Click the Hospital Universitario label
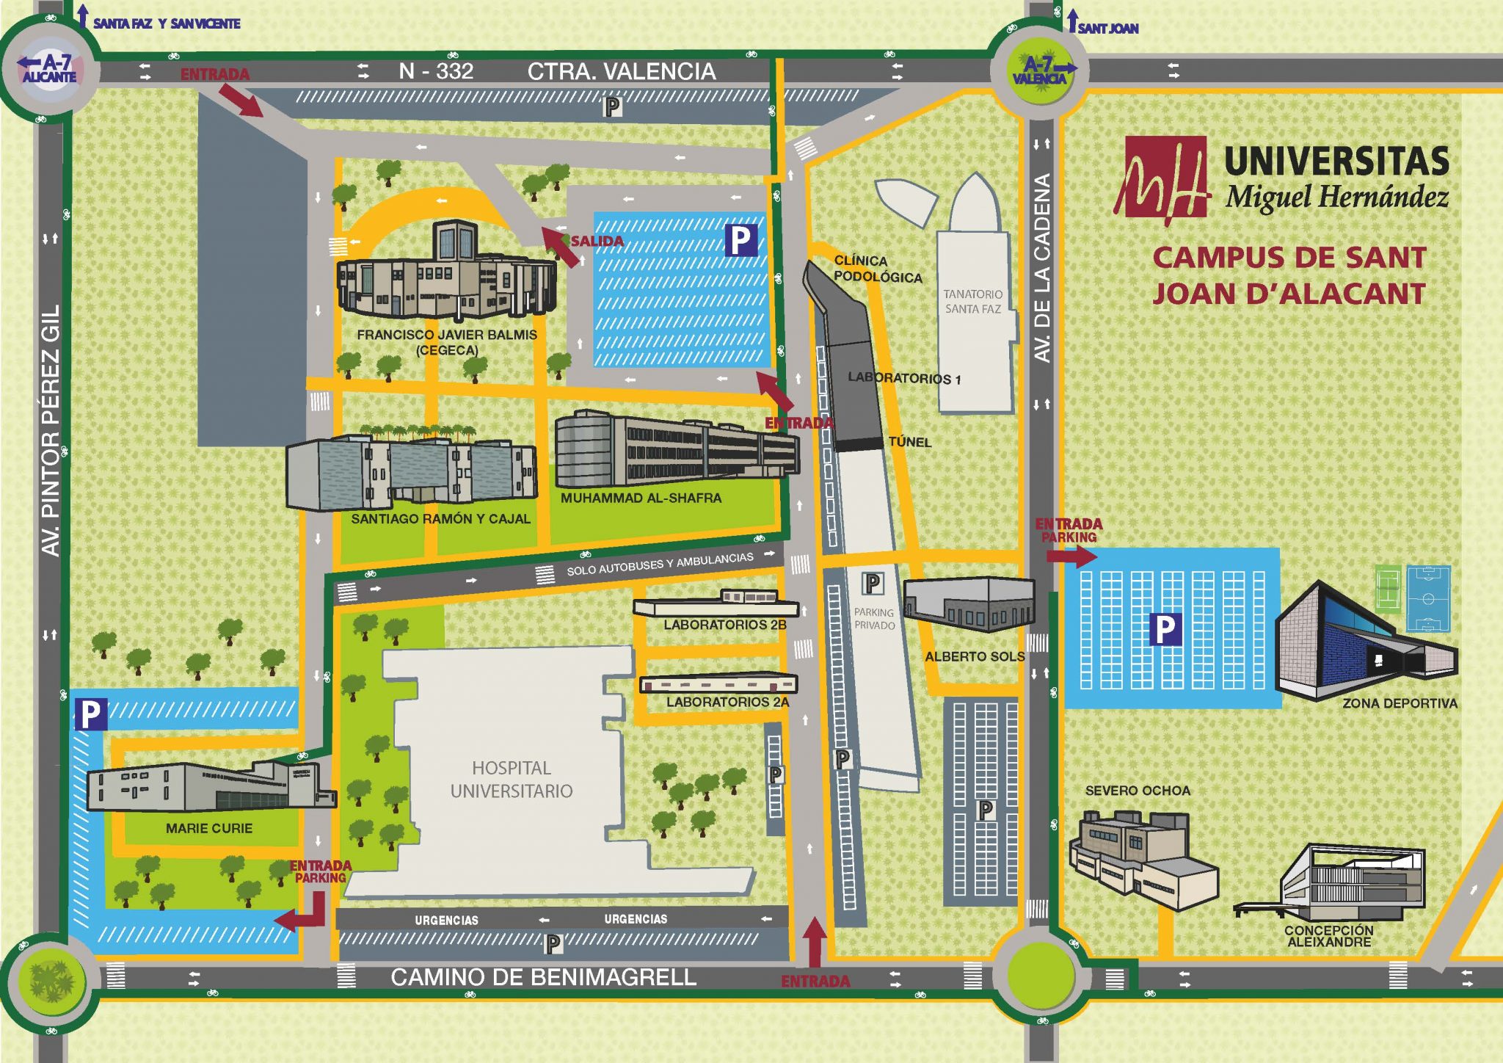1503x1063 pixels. (x=512, y=780)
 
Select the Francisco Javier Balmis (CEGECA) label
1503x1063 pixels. (x=446, y=342)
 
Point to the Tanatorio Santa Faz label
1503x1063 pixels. (x=972, y=302)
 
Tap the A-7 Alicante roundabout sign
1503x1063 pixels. (x=48, y=69)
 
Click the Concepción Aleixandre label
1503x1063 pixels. (x=1328, y=936)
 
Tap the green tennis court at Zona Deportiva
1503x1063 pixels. (x=1387, y=587)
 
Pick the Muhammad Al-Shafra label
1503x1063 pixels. (x=641, y=498)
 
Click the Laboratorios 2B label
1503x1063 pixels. (x=724, y=625)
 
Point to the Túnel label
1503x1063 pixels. (x=909, y=442)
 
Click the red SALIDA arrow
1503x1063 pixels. (x=559, y=247)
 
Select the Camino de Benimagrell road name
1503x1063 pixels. (x=543, y=977)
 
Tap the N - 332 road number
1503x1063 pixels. (x=436, y=71)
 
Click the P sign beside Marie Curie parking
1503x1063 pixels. (x=90, y=714)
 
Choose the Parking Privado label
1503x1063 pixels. (x=874, y=618)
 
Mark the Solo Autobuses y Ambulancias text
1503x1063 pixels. (x=660, y=563)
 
